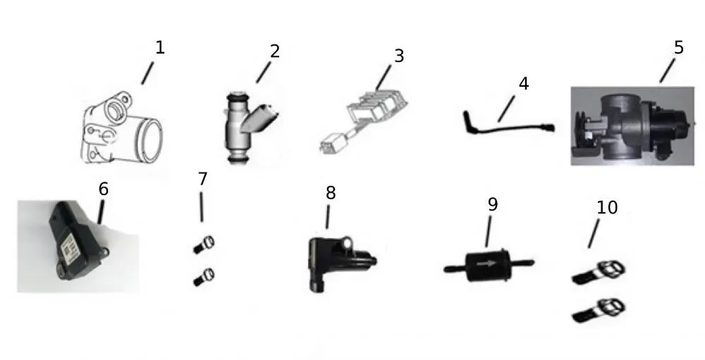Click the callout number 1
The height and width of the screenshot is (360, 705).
click(x=160, y=48)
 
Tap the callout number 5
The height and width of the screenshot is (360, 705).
click(x=678, y=48)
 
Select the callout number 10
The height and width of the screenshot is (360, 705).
click(x=607, y=207)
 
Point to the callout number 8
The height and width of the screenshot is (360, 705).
click(x=331, y=193)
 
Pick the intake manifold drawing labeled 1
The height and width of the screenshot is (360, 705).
click(x=121, y=128)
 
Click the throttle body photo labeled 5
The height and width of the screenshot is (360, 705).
click(x=632, y=126)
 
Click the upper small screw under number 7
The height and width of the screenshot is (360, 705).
click(x=204, y=244)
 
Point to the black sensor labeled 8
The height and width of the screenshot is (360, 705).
click(x=341, y=263)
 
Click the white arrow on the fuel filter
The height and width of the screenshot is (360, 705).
click(x=486, y=263)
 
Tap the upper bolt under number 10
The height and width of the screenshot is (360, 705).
click(x=599, y=273)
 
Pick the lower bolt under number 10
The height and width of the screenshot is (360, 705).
click(x=599, y=310)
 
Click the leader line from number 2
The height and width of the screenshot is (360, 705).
click(x=264, y=72)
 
